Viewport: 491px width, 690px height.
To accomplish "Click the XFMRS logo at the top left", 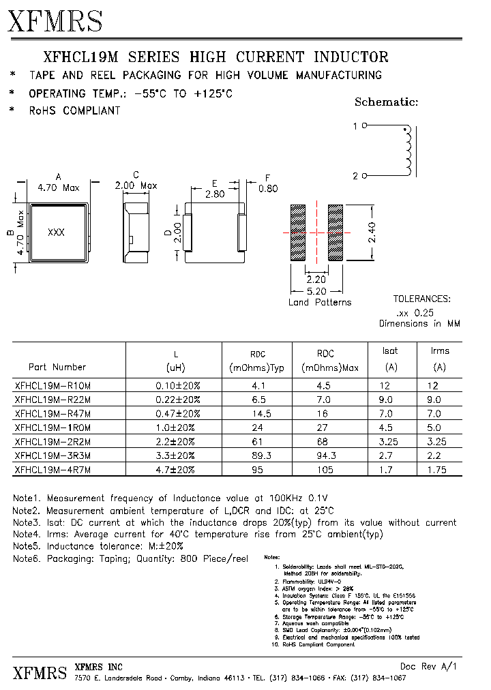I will point(55,21).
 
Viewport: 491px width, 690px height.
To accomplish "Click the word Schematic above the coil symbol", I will point(386,102).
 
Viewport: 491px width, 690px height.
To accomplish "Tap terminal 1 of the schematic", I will point(363,126).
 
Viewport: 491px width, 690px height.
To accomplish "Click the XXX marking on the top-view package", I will point(56,232).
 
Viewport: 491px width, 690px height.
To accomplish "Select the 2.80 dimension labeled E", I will point(215,194).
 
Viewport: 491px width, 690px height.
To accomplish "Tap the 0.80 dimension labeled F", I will point(269,189).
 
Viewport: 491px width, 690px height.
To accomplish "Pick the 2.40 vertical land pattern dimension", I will point(386,232).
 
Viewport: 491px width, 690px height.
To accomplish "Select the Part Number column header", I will point(57,367).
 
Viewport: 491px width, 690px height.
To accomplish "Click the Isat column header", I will point(390,350).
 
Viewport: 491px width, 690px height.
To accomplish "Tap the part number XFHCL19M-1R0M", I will point(53,427).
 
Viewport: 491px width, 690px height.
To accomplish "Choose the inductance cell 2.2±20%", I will point(174,442).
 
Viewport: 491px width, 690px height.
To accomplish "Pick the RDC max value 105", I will point(325,470).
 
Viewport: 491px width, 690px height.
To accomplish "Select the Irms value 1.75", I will point(439,470).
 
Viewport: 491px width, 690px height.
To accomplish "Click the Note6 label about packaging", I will point(27,558).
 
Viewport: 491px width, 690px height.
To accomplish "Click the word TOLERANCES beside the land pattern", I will point(421,299).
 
